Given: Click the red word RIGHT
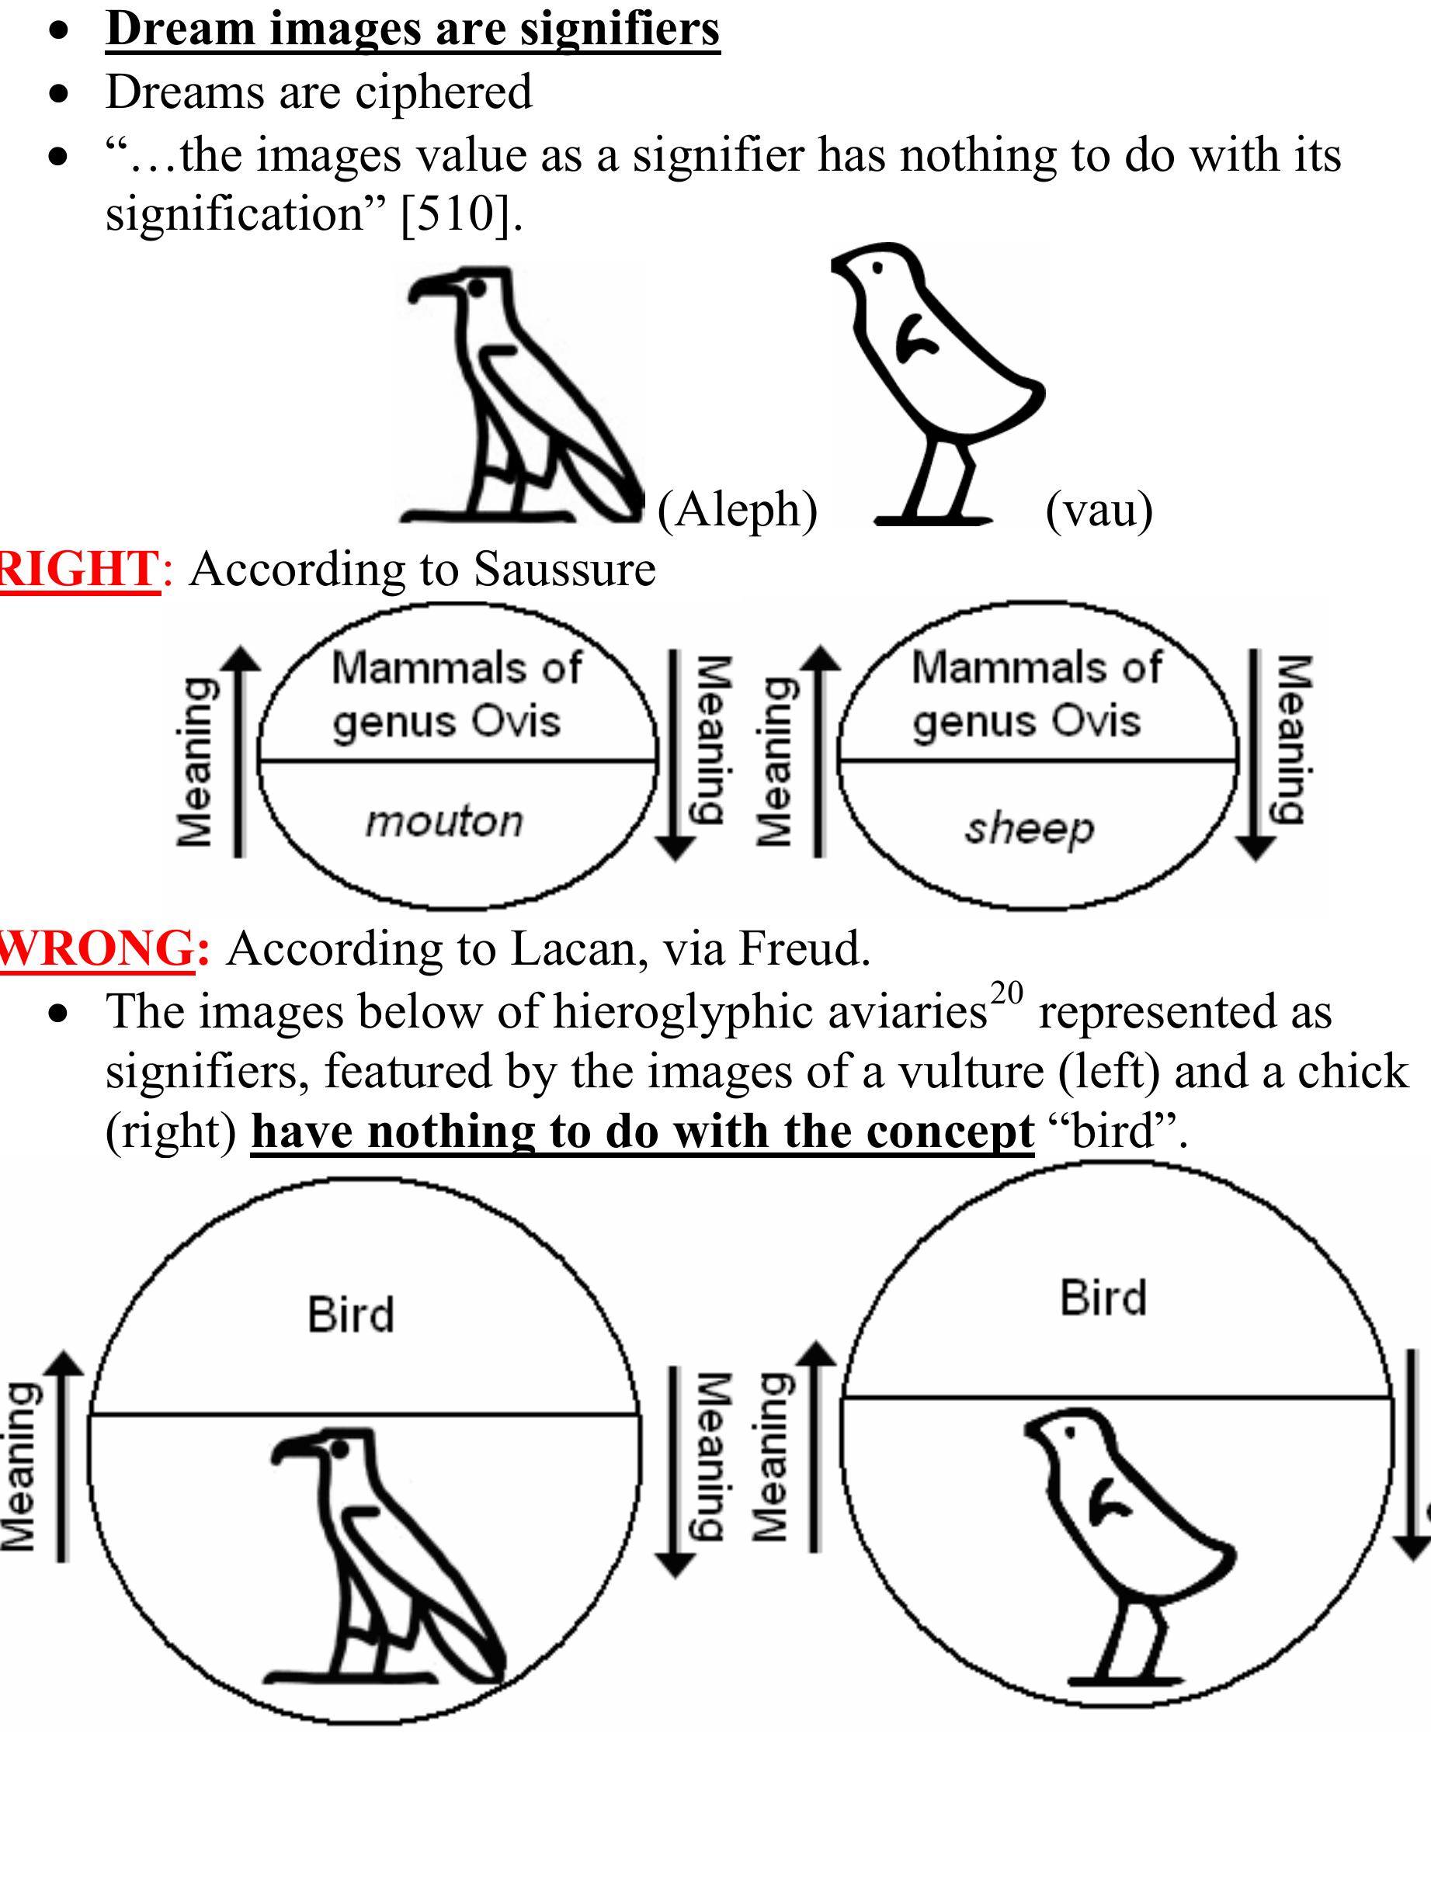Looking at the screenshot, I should (78, 569).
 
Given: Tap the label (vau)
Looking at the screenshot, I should (1099, 510).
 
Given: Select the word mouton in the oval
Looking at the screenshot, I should (444, 822).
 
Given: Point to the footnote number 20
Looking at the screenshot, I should (1006, 993).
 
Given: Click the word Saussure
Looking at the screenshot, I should (564, 569).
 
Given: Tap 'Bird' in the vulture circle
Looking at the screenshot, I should (351, 1314).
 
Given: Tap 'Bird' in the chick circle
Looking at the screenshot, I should (1103, 1298).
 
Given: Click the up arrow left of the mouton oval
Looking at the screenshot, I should (241, 751).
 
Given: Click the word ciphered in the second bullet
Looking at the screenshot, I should (443, 92).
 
